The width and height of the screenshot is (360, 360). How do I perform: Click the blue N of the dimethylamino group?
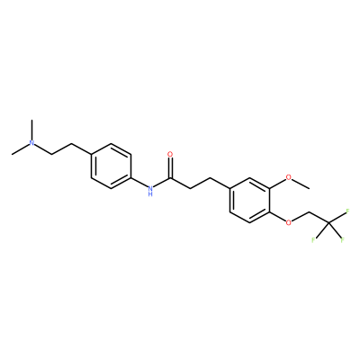31,143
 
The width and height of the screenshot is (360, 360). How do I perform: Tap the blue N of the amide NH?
150,188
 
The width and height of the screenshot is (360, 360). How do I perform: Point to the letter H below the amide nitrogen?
150,194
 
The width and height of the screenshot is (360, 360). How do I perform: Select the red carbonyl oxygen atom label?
170,154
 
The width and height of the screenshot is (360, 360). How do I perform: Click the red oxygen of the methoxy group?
289,177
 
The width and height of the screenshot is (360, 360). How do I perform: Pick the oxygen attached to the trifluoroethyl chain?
289,222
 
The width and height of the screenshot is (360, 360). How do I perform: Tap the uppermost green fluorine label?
347,211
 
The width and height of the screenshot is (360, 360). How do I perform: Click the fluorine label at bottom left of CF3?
313,240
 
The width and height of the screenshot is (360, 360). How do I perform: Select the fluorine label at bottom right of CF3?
342,240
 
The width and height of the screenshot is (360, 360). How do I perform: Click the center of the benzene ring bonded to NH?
111,166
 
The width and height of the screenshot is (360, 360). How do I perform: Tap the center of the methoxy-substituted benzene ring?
249,200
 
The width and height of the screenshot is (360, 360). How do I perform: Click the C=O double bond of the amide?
170,167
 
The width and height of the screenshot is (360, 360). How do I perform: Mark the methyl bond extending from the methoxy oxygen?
301,183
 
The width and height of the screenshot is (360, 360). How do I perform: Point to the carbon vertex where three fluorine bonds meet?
328,222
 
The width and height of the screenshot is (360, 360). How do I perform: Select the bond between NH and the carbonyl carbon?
162,182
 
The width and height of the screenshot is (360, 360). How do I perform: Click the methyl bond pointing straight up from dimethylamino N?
31,130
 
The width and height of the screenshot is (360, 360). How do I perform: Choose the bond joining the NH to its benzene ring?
139,182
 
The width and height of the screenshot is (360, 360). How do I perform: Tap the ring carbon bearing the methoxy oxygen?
269,188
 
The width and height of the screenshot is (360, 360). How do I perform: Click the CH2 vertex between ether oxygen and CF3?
309,211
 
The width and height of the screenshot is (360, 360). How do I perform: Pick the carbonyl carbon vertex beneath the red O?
170,177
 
